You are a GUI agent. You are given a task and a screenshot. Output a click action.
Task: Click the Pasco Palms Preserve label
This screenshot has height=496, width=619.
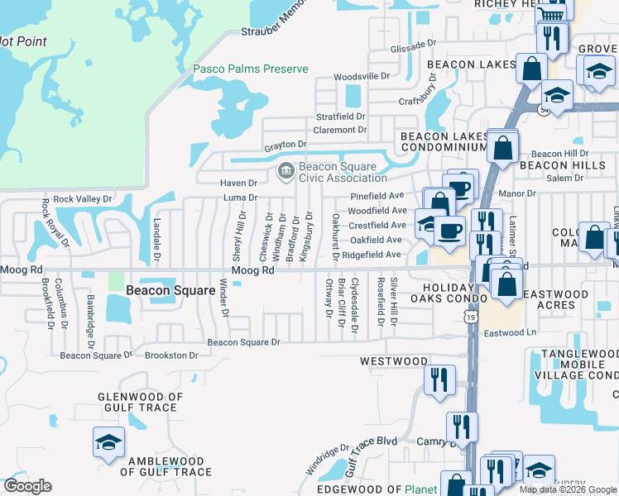coord(250,69)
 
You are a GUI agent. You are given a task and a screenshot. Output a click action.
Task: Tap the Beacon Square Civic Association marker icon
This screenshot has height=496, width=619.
coord(286,171)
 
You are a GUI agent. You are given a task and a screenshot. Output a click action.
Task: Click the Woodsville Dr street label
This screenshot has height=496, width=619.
coord(361,76)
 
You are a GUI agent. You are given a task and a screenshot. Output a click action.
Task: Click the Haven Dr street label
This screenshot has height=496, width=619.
coord(239,183)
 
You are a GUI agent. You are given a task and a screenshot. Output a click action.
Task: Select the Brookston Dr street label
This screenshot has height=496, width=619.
coord(171,355)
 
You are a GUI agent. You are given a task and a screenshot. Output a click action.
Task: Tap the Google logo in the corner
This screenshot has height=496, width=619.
coord(27,486)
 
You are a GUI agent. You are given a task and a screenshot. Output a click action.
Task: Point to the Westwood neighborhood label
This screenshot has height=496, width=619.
coord(393,361)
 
